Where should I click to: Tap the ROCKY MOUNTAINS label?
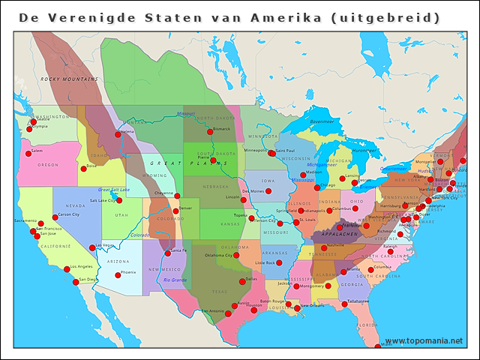(x=70, y=79)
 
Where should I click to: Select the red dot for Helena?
(x=118, y=134)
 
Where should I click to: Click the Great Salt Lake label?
(x=114, y=190)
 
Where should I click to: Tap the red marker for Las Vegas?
(x=92, y=247)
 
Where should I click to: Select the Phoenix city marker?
(x=117, y=275)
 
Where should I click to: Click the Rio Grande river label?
(x=175, y=280)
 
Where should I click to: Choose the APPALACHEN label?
(x=338, y=234)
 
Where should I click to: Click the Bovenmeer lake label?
(x=322, y=121)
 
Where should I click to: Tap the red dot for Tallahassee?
(x=344, y=304)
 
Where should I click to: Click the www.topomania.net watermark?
(x=424, y=341)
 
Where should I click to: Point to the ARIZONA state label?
(x=118, y=261)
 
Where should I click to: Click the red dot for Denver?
(x=175, y=211)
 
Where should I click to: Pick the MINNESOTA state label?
(x=263, y=136)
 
